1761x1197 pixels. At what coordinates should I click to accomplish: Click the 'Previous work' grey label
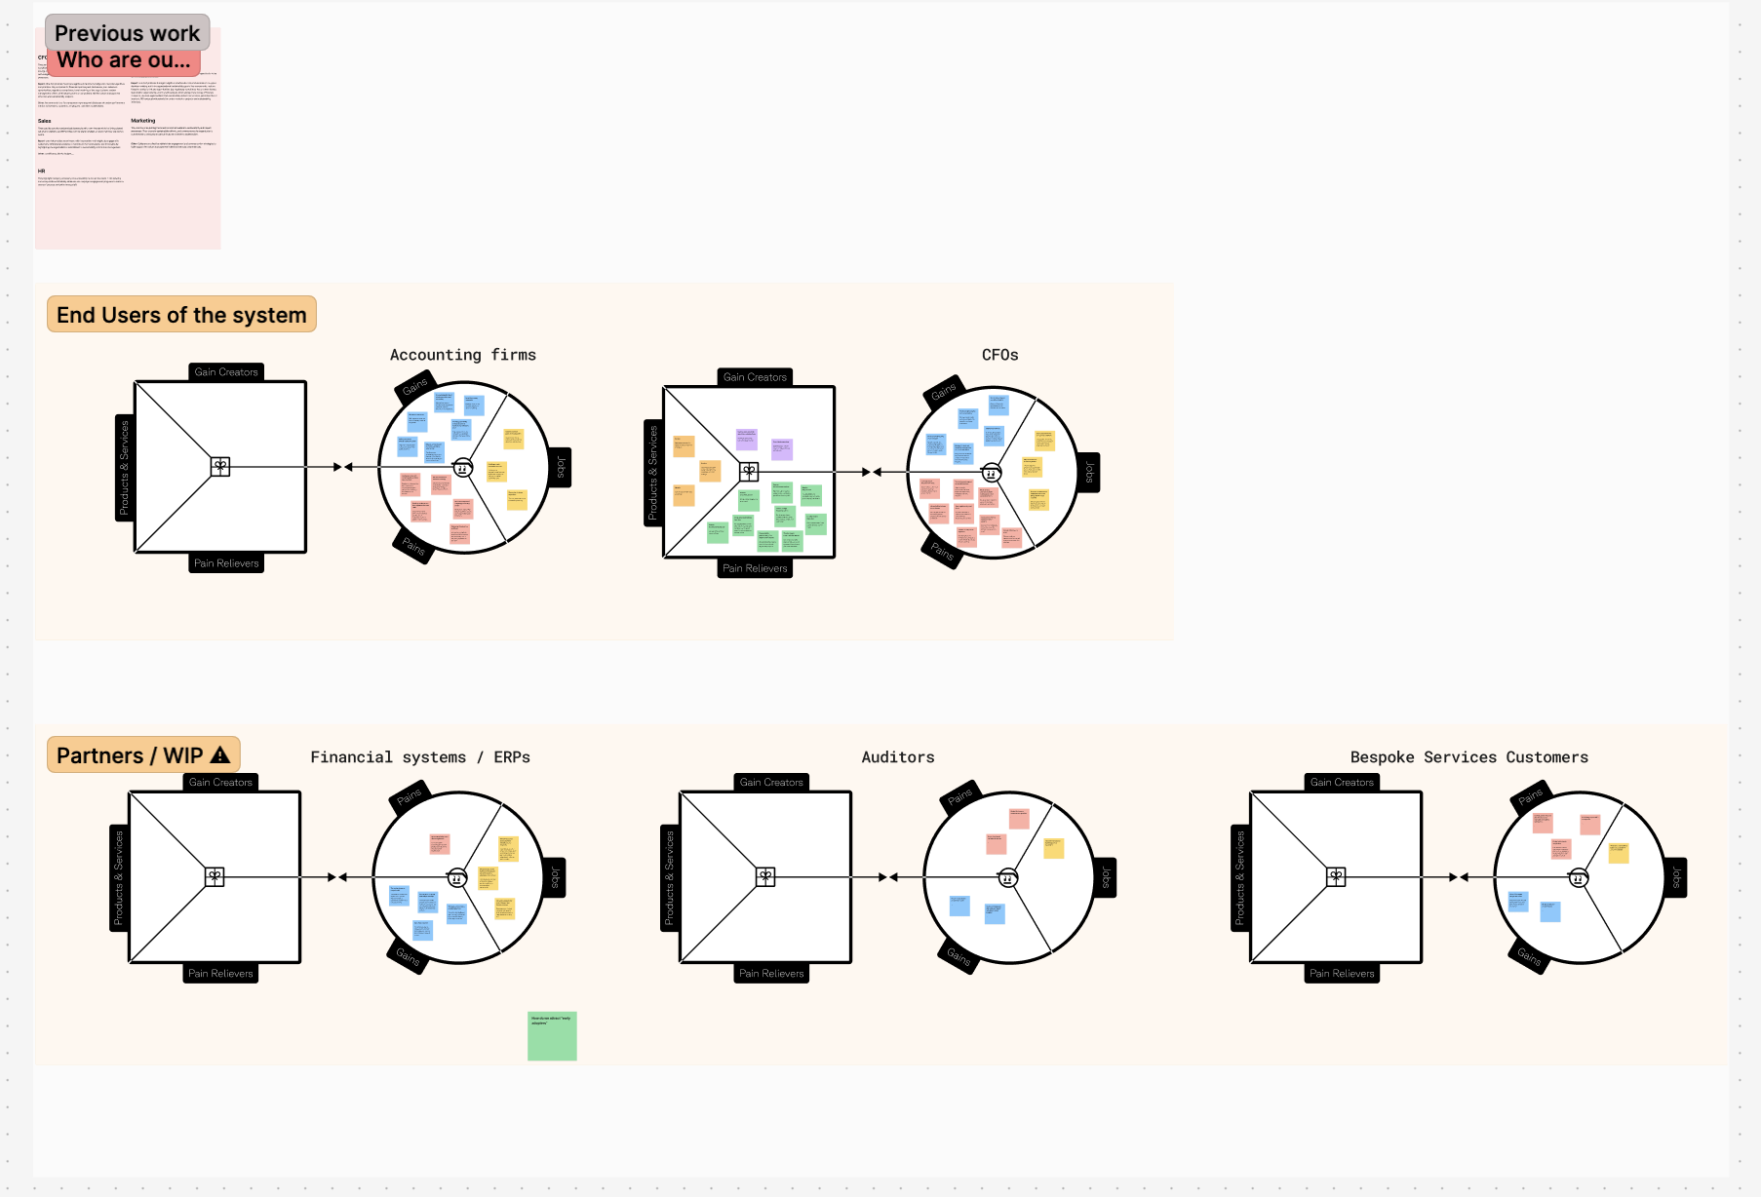[127, 33]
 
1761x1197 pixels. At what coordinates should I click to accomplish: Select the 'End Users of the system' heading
[181, 315]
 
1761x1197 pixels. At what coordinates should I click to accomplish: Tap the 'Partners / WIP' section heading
[130, 755]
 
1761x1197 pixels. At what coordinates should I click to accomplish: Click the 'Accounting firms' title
[462, 355]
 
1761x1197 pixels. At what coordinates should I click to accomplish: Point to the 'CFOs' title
[999, 355]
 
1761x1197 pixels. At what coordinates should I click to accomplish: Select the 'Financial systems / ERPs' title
[419, 757]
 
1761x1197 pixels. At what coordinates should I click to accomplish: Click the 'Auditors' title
[897, 757]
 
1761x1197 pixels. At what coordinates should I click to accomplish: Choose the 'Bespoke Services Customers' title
[1468, 757]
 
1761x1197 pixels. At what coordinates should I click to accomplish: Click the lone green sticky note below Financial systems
[552, 1035]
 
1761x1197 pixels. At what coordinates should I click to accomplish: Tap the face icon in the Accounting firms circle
[463, 468]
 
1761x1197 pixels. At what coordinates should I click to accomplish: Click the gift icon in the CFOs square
[749, 472]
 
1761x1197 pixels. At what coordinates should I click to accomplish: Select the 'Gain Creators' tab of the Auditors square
[771, 782]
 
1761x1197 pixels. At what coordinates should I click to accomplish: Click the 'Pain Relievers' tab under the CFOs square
[755, 568]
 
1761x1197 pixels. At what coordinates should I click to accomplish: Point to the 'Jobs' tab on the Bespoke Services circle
[1676, 877]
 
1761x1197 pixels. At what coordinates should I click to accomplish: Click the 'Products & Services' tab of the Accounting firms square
[124, 468]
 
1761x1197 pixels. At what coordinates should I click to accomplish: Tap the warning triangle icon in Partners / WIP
[220, 754]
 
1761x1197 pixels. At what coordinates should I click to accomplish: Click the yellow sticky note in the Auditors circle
[1053, 847]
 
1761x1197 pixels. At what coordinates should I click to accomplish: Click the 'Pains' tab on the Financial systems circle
[409, 796]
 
